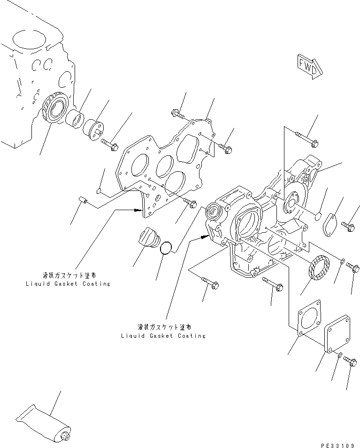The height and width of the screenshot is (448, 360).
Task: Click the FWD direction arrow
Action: click(310, 65)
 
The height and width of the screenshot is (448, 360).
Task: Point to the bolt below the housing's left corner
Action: click(209, 283)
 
